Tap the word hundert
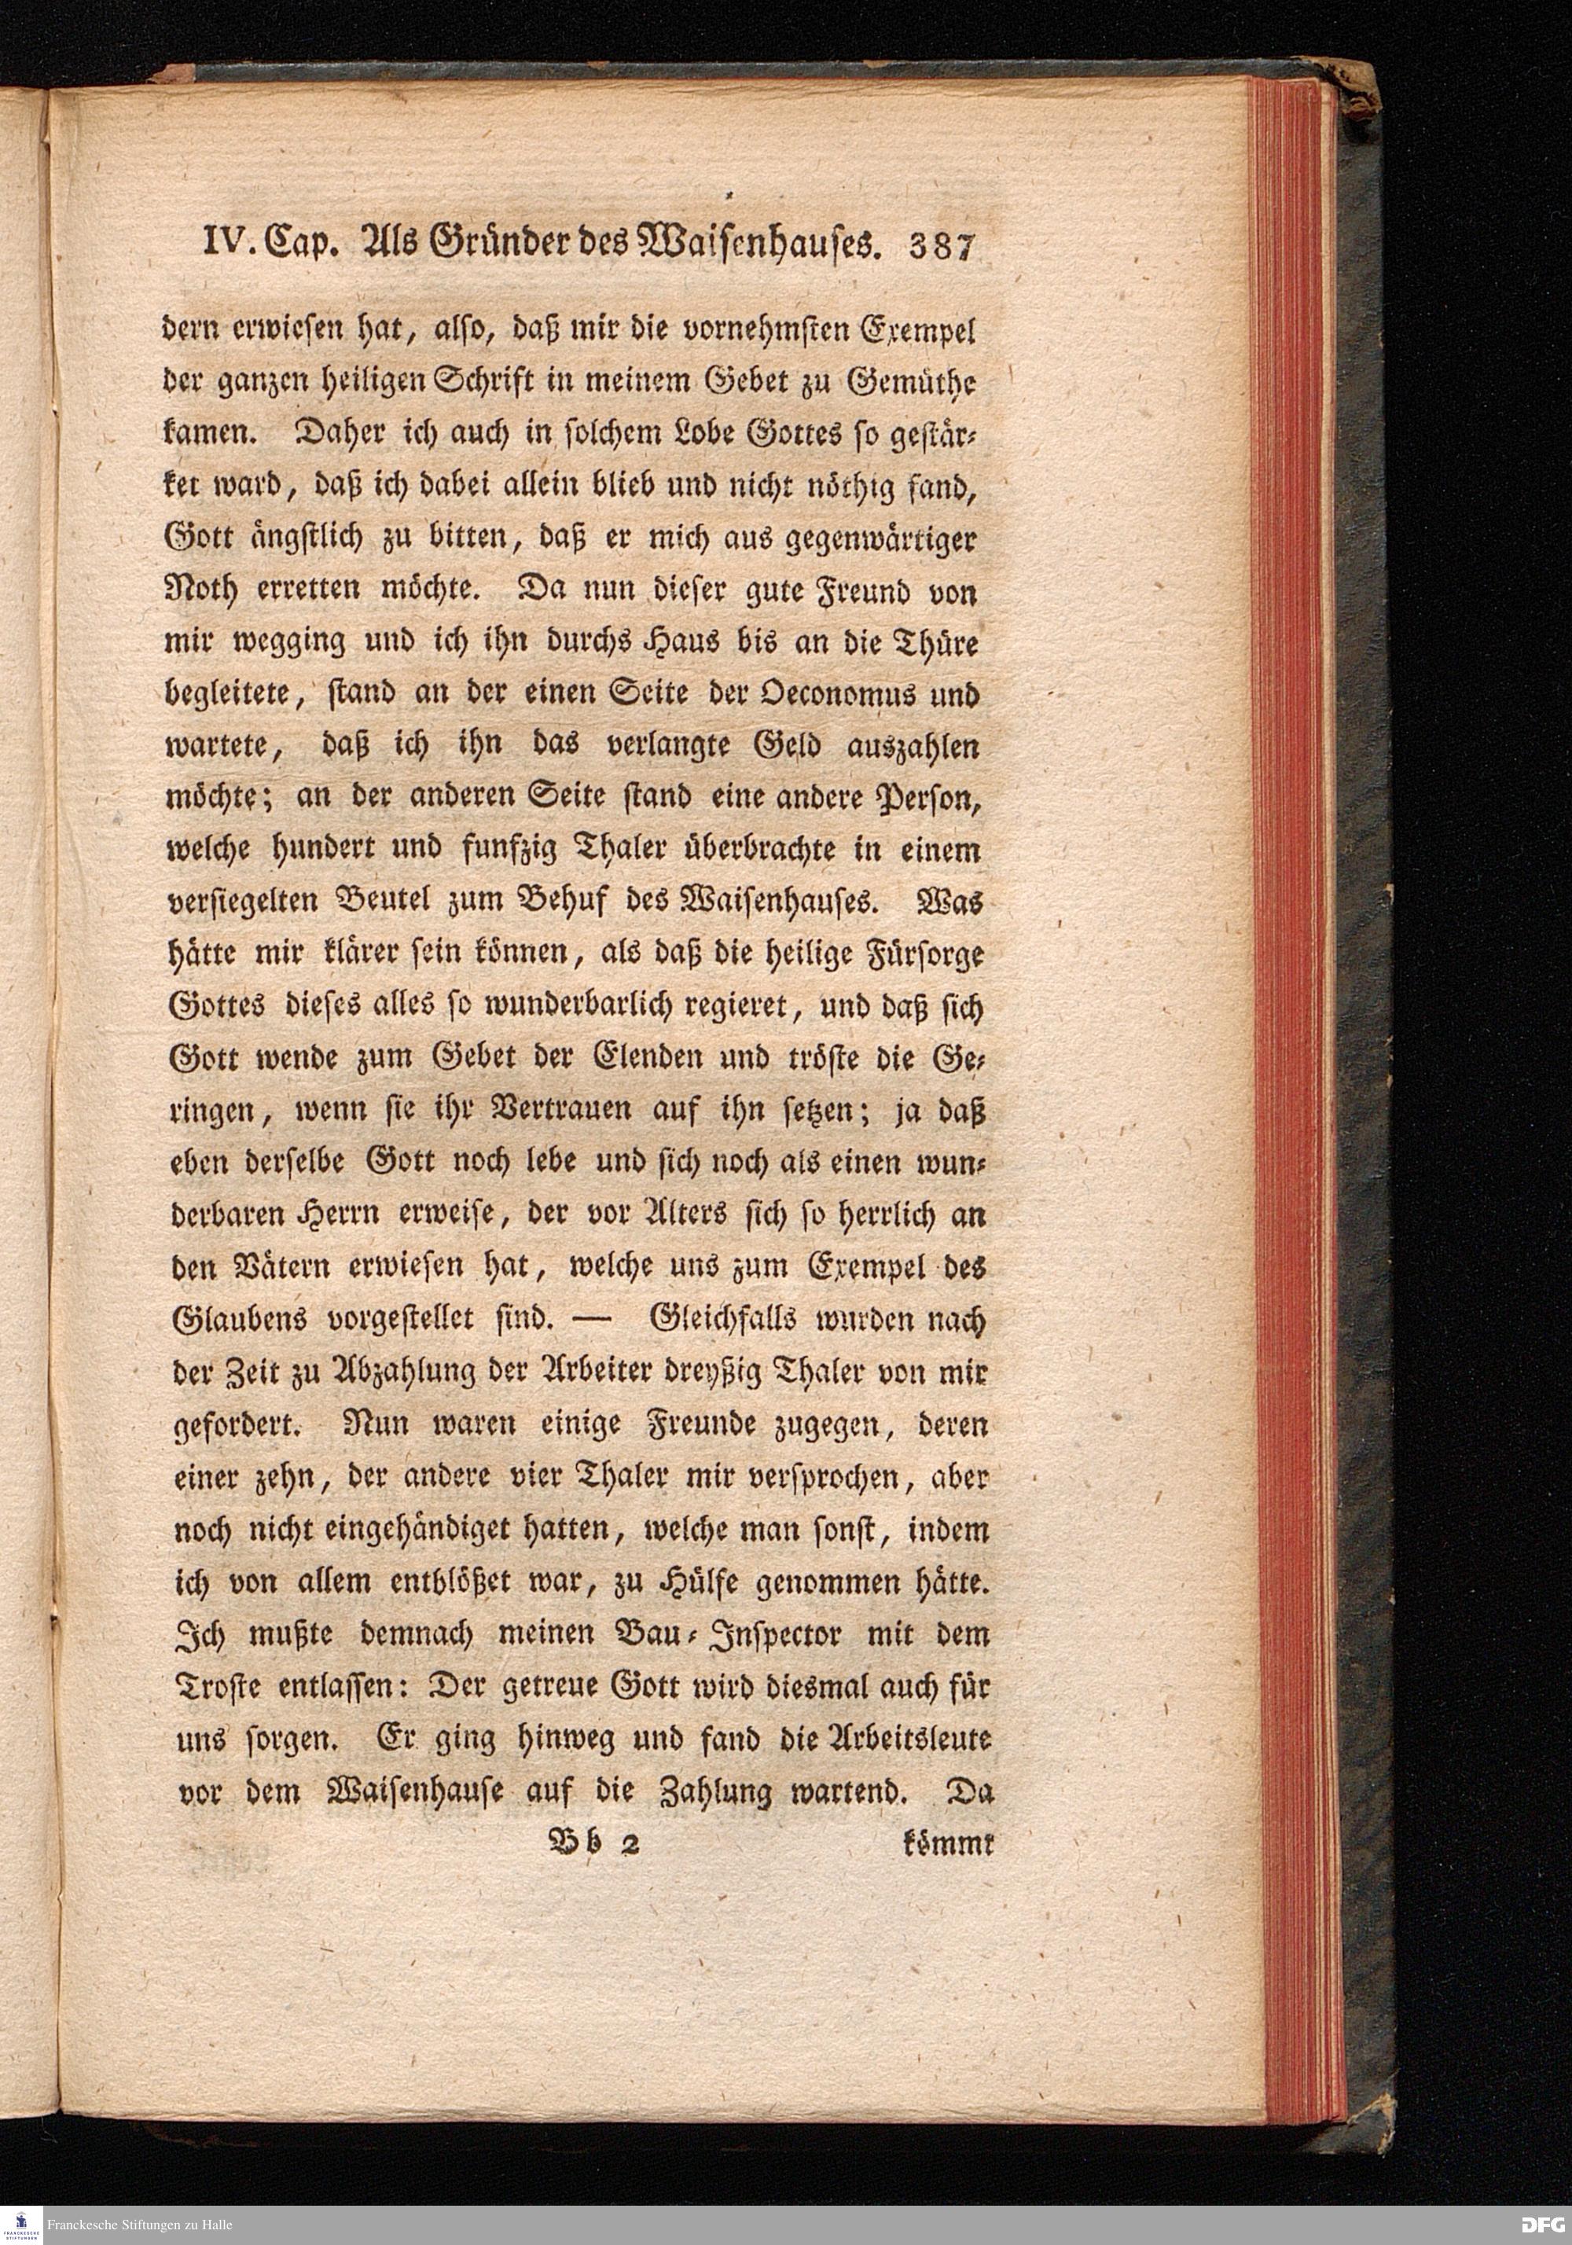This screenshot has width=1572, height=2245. [x=306, y=851]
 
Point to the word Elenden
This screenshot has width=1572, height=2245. [x=641, y=1059]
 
